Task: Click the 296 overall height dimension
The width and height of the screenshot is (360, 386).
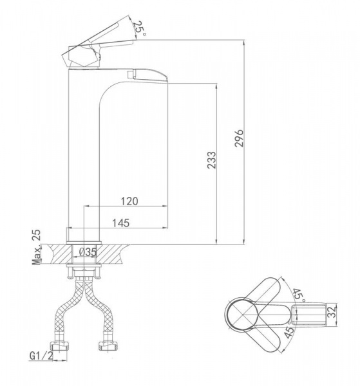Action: click(239, 138)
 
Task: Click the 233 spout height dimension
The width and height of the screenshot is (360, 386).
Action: click(212, 160)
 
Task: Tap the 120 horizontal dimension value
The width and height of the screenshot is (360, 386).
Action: click(129, 201)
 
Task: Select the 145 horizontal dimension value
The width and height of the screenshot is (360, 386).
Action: click(120, 223)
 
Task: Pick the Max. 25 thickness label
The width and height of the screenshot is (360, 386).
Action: click(36, 247)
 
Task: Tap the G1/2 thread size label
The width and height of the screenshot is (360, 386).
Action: click(41, 356)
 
